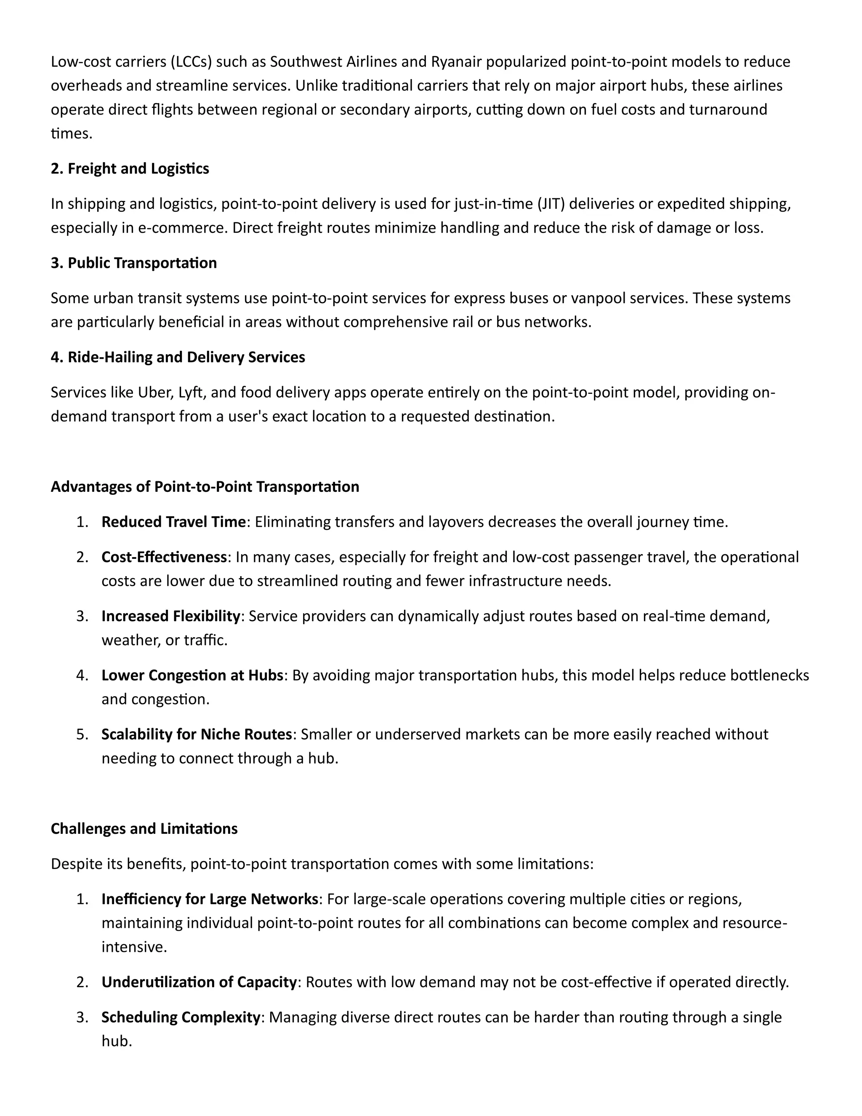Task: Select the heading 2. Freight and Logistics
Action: [130, 168]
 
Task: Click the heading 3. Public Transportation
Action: [134, 263]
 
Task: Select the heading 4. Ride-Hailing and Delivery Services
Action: [178, 357]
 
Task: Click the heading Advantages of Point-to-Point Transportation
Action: [205, 487]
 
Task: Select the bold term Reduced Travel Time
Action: [173, 522]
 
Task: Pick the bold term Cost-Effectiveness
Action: [164, 558]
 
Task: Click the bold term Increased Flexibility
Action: [170, 616]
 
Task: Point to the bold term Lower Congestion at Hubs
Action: [192, 675]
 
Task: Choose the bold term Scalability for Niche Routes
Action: [196, 734]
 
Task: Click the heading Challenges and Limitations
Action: [144, 829]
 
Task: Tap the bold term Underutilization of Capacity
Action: [199, 982]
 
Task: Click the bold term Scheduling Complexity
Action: [180, 1017]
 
